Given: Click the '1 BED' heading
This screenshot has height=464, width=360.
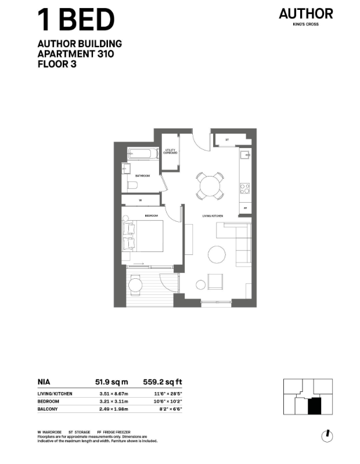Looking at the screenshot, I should pyautogui.click(x=75, y=20).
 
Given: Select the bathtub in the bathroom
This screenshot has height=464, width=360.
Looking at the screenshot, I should pyautogui.click(x=143, y=155).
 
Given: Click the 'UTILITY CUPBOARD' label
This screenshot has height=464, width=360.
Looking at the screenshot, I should pyautogui.click(x=170, y=152).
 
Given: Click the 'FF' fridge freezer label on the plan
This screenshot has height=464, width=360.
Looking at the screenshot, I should pyautogui.click(x=246, y=207).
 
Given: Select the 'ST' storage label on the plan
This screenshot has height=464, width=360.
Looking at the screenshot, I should pyautogui.click(x=227, y=139).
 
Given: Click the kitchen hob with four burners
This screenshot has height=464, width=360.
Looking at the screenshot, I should pyautogui.click(x=245, y=188).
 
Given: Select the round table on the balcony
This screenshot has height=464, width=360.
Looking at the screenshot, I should pyautogui.click(x=135, y=285).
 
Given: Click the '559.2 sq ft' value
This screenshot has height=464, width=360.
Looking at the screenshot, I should pyautogui.click(x=162, y=382).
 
